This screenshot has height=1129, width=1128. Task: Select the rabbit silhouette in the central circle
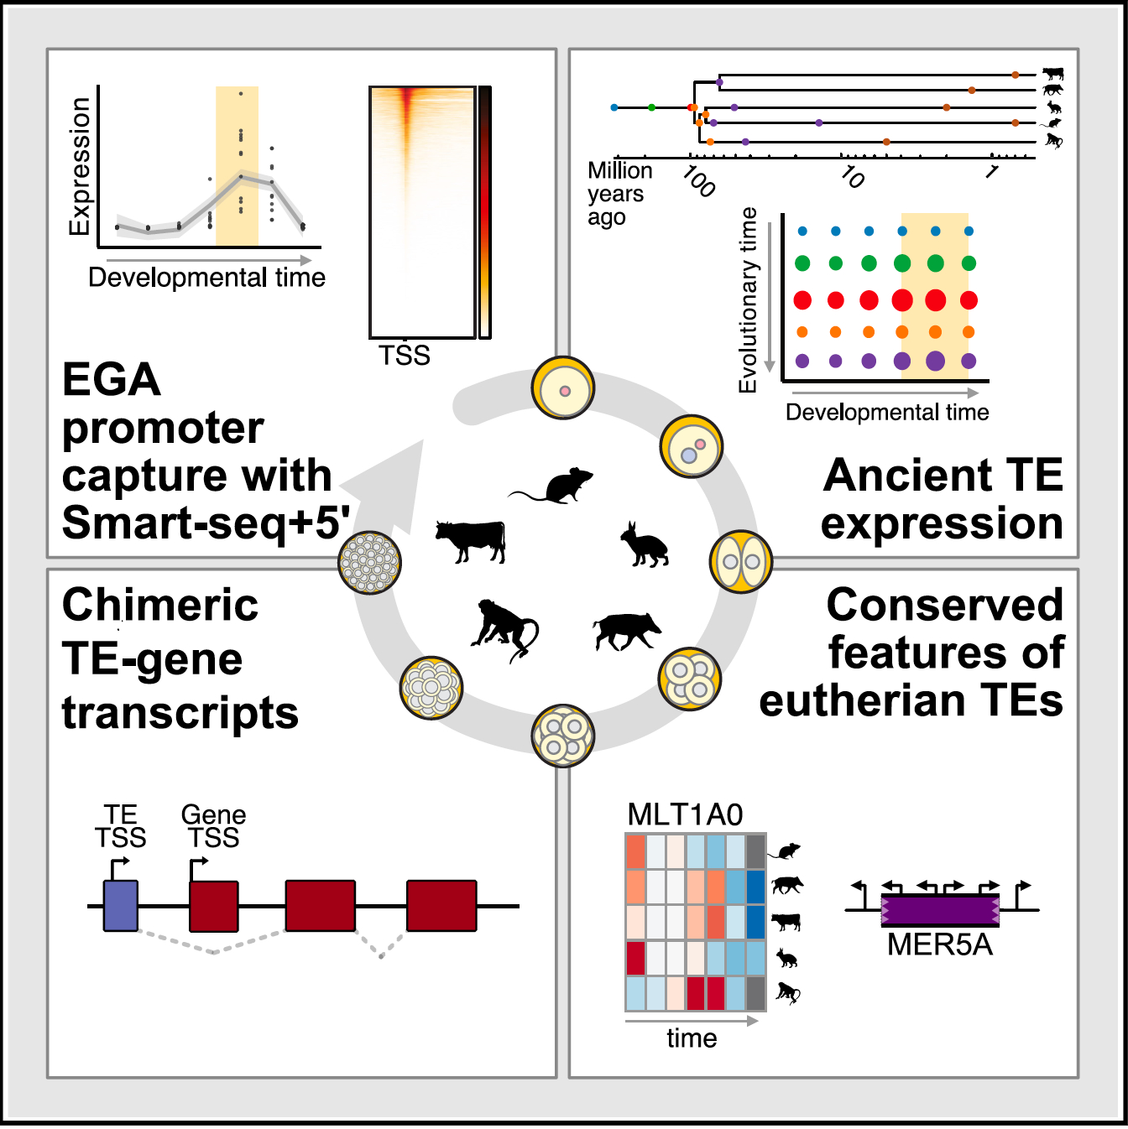pos(645,546)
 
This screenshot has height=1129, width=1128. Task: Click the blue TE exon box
pos(121,906)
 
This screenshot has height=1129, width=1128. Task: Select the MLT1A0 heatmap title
pos(685,815)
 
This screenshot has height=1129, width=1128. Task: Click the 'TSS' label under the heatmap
pos(404,356)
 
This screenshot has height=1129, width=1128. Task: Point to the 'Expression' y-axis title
pos(80,166)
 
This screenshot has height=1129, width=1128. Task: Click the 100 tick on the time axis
pos(697,180)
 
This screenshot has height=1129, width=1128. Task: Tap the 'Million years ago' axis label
pos(619,194)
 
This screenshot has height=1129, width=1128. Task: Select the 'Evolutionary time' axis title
pos(748,299)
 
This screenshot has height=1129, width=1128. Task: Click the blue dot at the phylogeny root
pos(614,107)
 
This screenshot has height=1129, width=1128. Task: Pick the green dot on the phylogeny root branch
pos(651,107)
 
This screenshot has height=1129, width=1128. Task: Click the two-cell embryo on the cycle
pos(741,562)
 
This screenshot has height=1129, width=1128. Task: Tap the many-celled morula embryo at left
pos(370,562)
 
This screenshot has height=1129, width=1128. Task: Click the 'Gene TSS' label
pos(213,826)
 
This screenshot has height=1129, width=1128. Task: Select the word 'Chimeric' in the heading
pos(160,605)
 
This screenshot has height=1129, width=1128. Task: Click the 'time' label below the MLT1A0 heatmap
pos(692,1038)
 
